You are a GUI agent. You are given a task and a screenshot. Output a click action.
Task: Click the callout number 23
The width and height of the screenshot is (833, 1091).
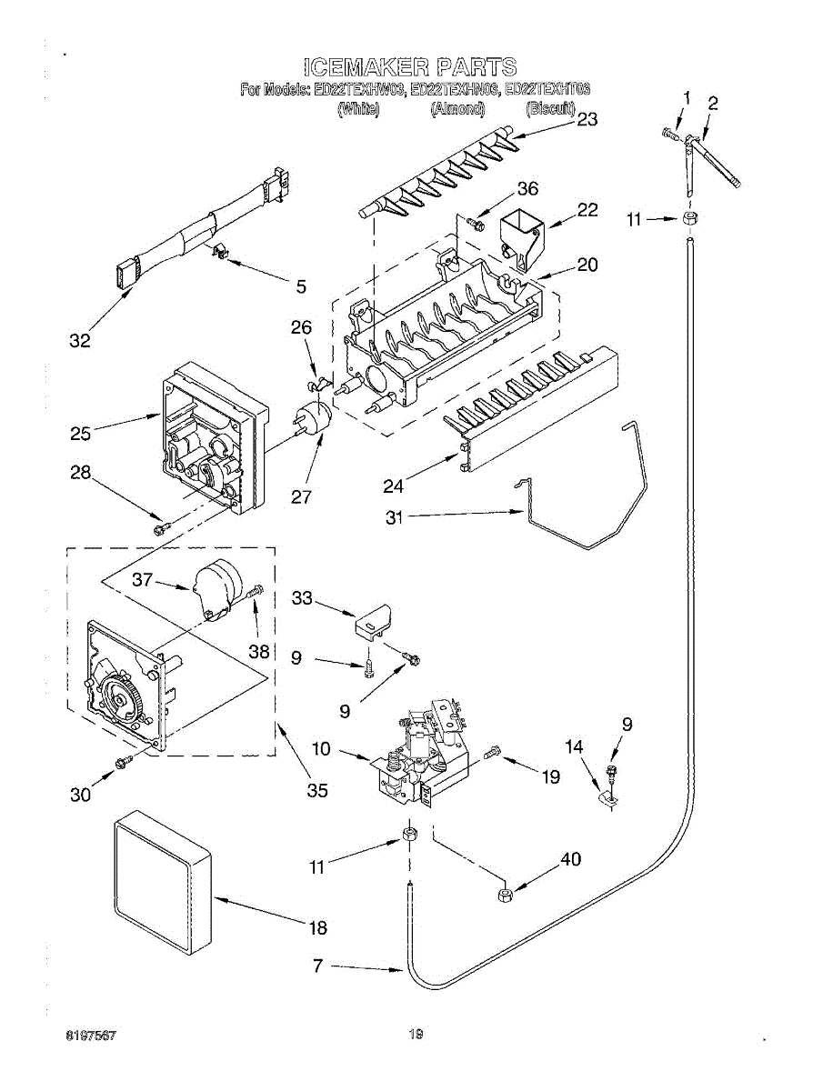click(587, 119)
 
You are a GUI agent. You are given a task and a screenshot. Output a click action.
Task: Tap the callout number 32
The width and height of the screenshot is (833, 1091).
click(81, 341)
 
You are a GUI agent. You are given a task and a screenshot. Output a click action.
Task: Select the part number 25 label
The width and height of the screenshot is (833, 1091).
click(81, 434)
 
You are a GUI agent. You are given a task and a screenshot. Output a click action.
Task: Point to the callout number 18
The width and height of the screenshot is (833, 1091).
click(317, 928)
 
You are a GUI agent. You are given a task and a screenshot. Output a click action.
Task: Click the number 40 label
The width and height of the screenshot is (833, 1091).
click(570, 859)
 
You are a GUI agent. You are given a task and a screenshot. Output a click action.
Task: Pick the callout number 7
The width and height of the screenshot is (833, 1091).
click(317, 966)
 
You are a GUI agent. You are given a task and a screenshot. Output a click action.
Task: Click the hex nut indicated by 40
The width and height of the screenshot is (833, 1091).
click(505, 896)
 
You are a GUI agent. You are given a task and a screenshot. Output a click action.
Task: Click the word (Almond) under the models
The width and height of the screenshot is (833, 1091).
click(457, 109)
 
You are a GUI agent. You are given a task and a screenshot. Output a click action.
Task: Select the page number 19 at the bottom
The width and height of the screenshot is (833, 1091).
click(416, 1034)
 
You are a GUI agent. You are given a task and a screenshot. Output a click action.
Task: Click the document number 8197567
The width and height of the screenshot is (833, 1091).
click(89, 1035)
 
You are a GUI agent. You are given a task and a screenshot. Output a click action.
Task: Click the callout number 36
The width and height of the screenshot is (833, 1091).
click(527, 189)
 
